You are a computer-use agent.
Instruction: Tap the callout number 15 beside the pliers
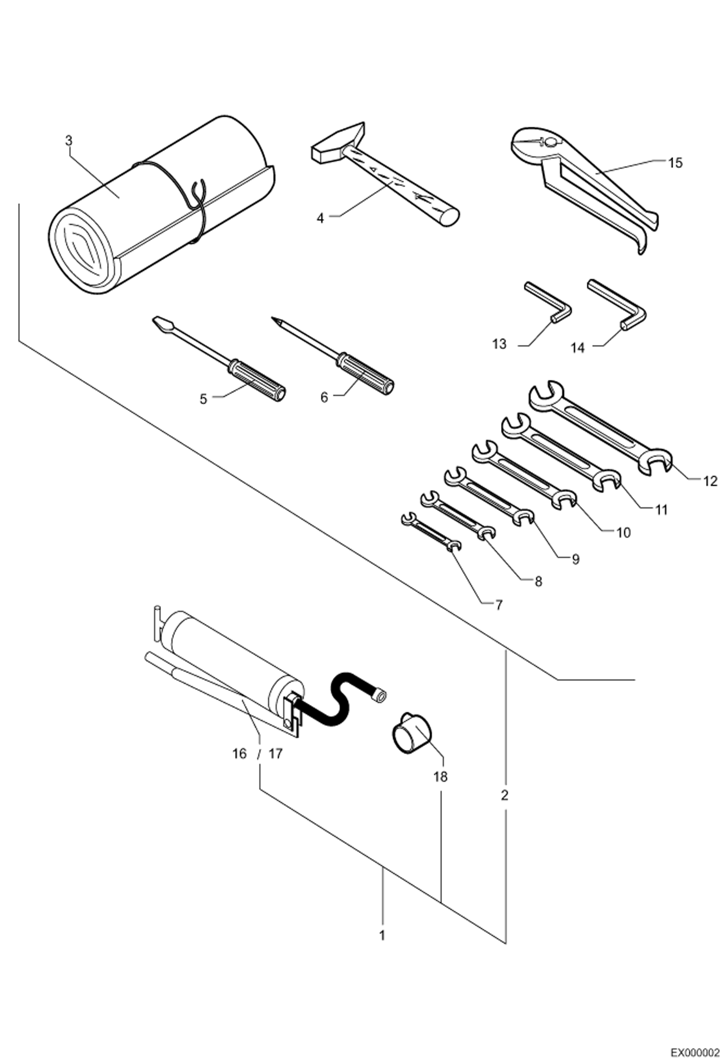675,163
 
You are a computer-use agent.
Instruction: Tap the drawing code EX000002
698,1050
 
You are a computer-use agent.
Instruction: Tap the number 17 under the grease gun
275,753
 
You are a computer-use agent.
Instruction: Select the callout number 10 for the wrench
623,532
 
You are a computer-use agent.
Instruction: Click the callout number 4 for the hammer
320,218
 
